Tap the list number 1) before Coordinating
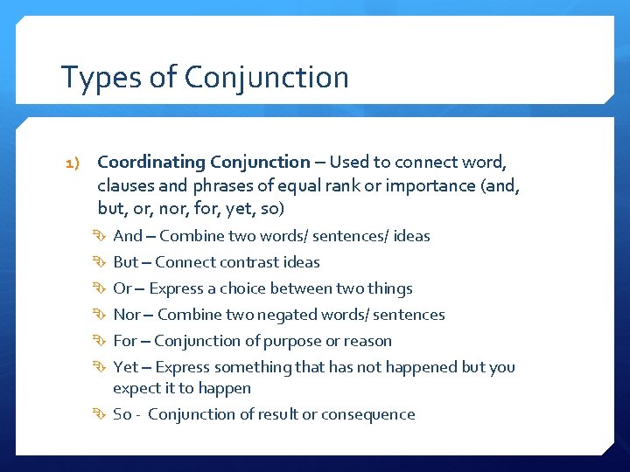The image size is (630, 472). coord(73,163)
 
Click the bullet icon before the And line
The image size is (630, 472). coord(101,236)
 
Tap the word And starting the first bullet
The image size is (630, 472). coord(127,236)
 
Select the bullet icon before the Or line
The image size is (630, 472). coord(101,288)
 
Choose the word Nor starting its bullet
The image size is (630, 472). coord(127,315)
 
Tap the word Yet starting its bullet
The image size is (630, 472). coord(126,367)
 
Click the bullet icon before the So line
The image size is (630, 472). coord(101,414)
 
